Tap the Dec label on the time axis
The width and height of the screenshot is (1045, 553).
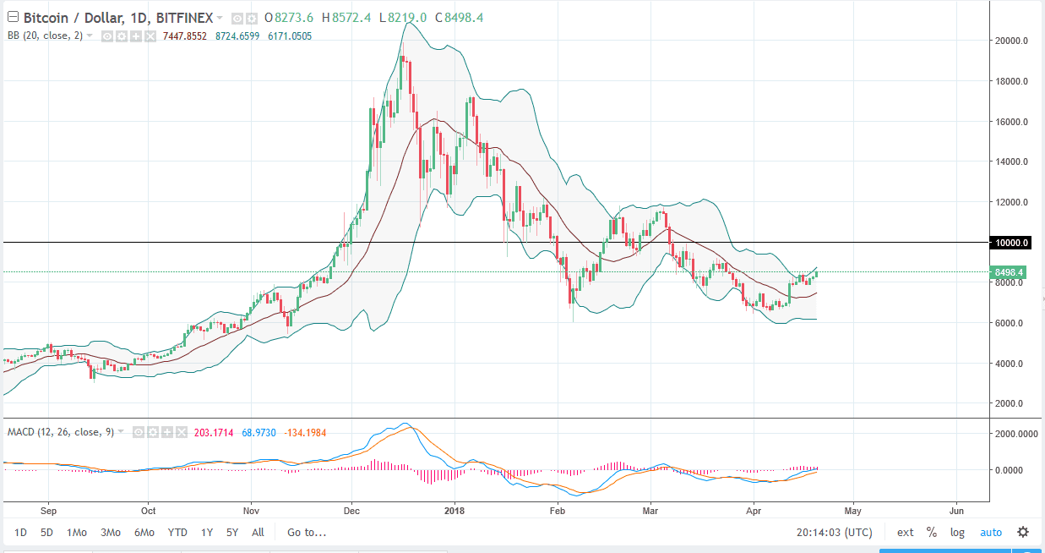(352, 511)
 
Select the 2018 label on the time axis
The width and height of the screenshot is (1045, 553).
(454, 511)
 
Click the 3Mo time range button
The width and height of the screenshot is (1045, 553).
(110, 533)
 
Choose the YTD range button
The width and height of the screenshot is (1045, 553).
(177, 533)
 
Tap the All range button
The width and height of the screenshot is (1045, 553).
(258, 533)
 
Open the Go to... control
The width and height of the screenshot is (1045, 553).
(307, 533)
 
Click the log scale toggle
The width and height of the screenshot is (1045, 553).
(957, 533)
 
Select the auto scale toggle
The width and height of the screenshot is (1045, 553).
(991, 533)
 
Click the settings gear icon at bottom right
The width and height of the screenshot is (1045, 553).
(1023, 533)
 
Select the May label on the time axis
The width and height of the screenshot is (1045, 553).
(852, 511)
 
